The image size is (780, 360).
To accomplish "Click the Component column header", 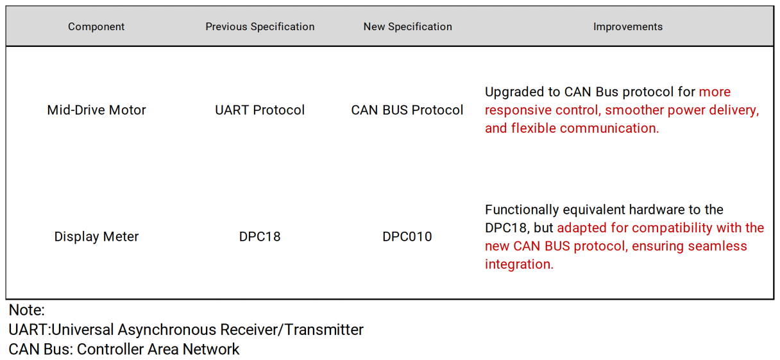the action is [96, 26].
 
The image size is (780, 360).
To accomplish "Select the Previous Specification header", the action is [260, 26].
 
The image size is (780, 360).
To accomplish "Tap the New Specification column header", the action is [408, 26].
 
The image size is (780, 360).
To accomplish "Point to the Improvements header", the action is [628, 26].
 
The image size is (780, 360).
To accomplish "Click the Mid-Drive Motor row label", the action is [96, 110].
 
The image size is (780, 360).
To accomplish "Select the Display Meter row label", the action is [96, 236].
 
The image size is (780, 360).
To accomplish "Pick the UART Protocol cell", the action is [260, 110].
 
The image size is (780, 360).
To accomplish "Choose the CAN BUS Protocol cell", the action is [407, 110].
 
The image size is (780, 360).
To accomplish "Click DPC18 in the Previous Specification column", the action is [260, 237].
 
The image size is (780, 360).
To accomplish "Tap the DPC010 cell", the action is [407, 237].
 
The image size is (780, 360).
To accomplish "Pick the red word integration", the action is [519, 264].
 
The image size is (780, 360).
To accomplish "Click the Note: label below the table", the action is [26, 310].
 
